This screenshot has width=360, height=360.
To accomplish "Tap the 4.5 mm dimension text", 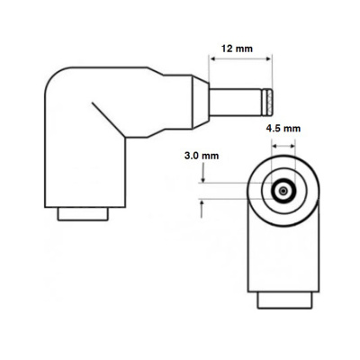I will point(284,128).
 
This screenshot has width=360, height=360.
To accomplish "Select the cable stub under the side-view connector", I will point(83,215).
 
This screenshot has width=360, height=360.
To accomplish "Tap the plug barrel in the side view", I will point(237,95).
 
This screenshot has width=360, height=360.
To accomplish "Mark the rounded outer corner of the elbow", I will point(56,81).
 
